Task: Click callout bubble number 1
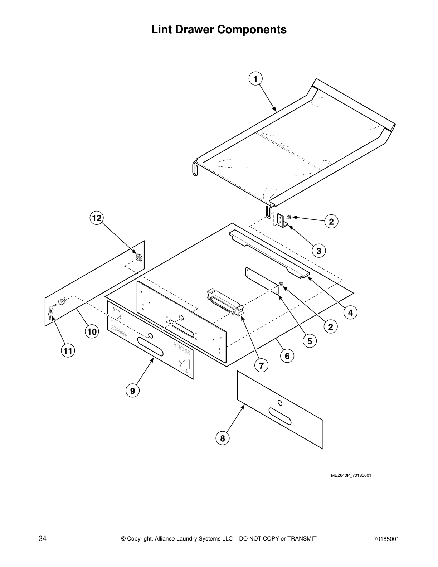coord(255,78)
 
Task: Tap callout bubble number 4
coord(350,312)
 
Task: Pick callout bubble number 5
coord(310,341)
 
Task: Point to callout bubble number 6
coord(287,356)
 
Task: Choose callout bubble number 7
coord(261,365)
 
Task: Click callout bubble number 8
coord(223,438)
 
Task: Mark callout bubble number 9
coord(133,391)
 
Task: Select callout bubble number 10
coord(92,332)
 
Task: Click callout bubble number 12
coord(96,218)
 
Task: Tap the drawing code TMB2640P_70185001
coord(350,475)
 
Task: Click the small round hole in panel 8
coord(280,403)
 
